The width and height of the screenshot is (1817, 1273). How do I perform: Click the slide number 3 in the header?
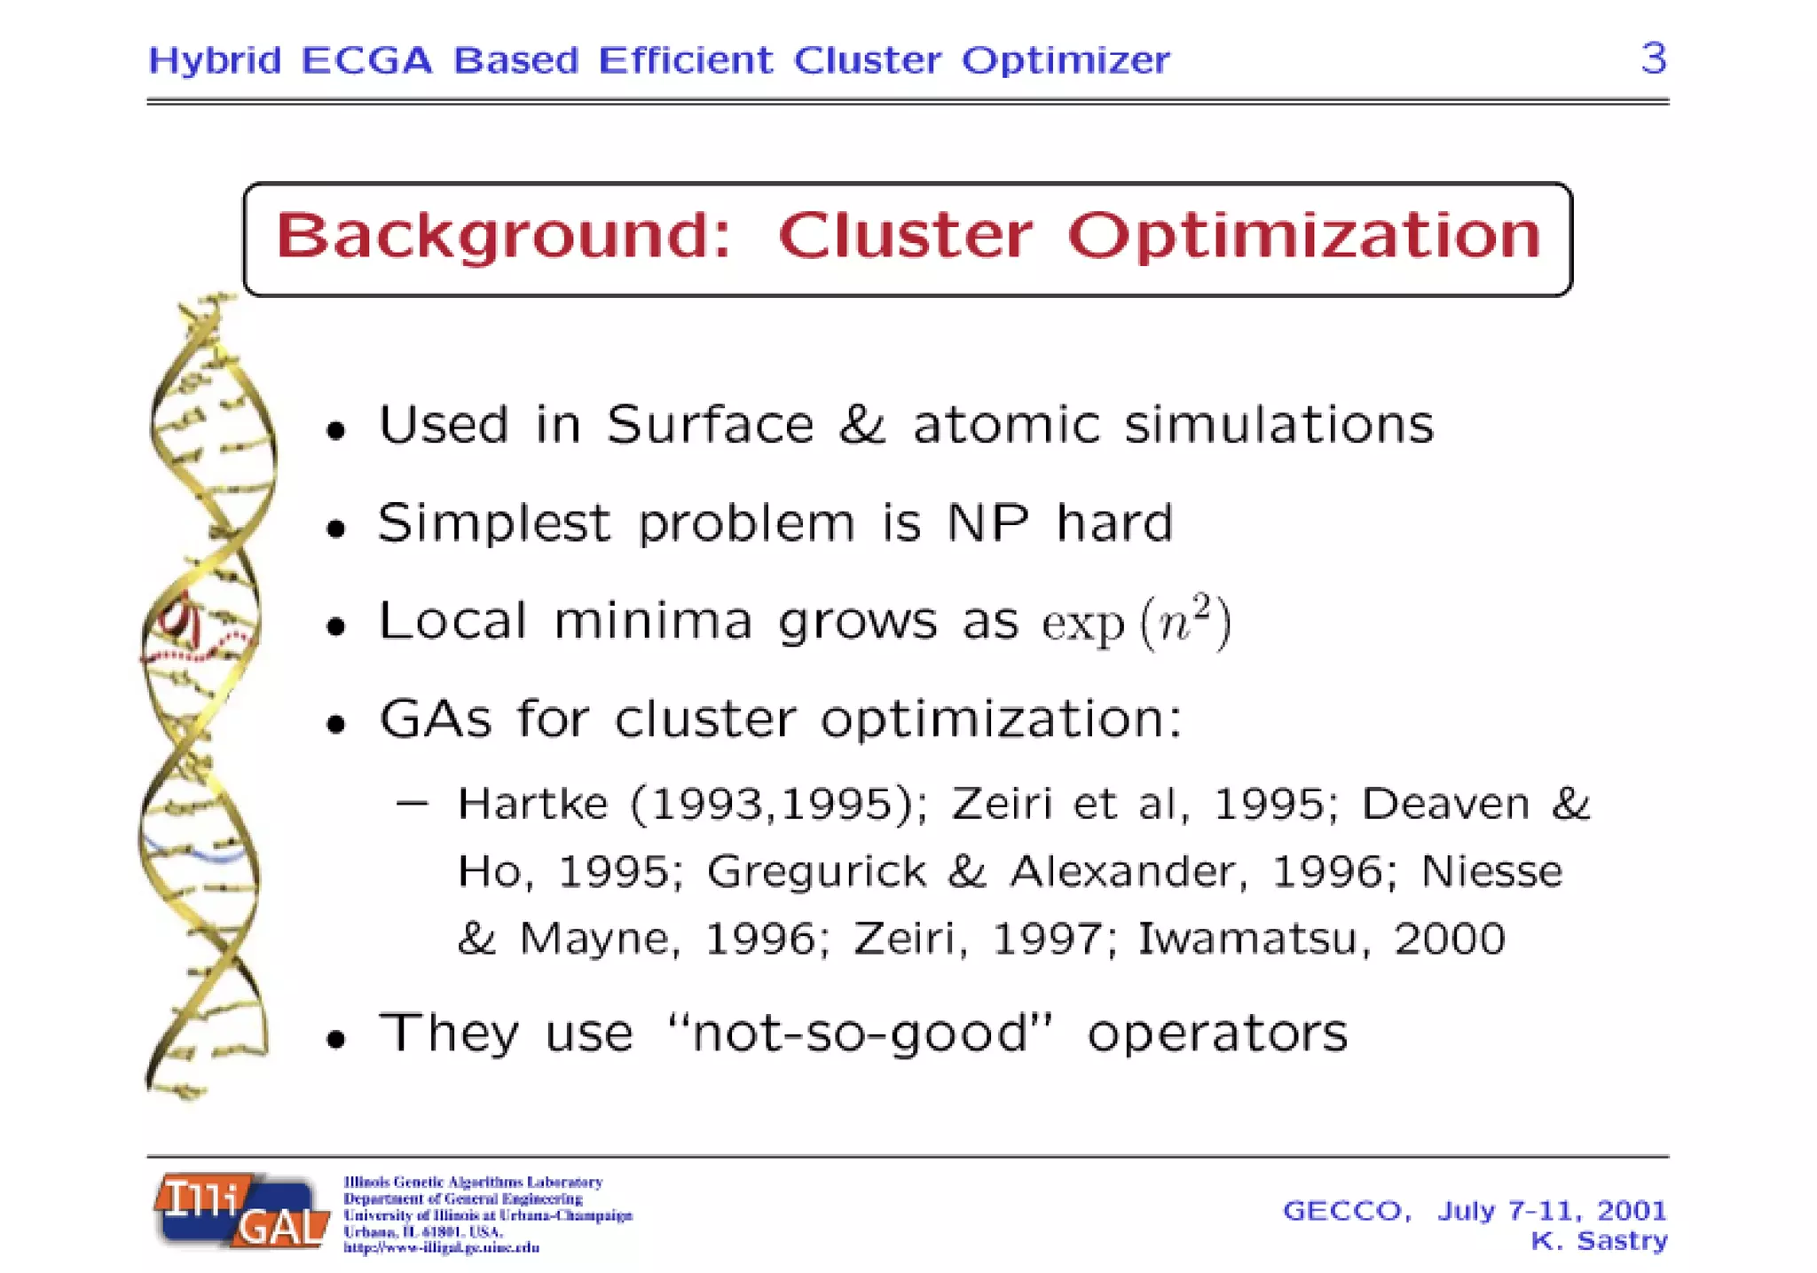(1653, 59)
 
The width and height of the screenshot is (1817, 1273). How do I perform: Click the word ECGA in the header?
(366, 60)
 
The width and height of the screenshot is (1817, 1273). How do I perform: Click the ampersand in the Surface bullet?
(862, 424)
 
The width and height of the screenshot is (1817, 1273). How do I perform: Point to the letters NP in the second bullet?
(987, 523)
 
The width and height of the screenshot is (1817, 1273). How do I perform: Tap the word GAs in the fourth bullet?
(435, 719)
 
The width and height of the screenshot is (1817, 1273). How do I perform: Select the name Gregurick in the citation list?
(816, 871)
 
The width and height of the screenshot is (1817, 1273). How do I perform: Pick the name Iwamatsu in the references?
(1247, 939)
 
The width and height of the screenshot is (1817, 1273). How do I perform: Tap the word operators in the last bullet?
(1216, 1033)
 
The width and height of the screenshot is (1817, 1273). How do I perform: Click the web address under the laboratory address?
(441, 1247)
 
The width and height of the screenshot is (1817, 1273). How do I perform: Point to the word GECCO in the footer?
(1346, 1210)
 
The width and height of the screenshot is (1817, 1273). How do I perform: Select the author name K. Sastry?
(1599, 1240)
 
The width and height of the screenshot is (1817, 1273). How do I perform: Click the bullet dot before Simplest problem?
(335, 530)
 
